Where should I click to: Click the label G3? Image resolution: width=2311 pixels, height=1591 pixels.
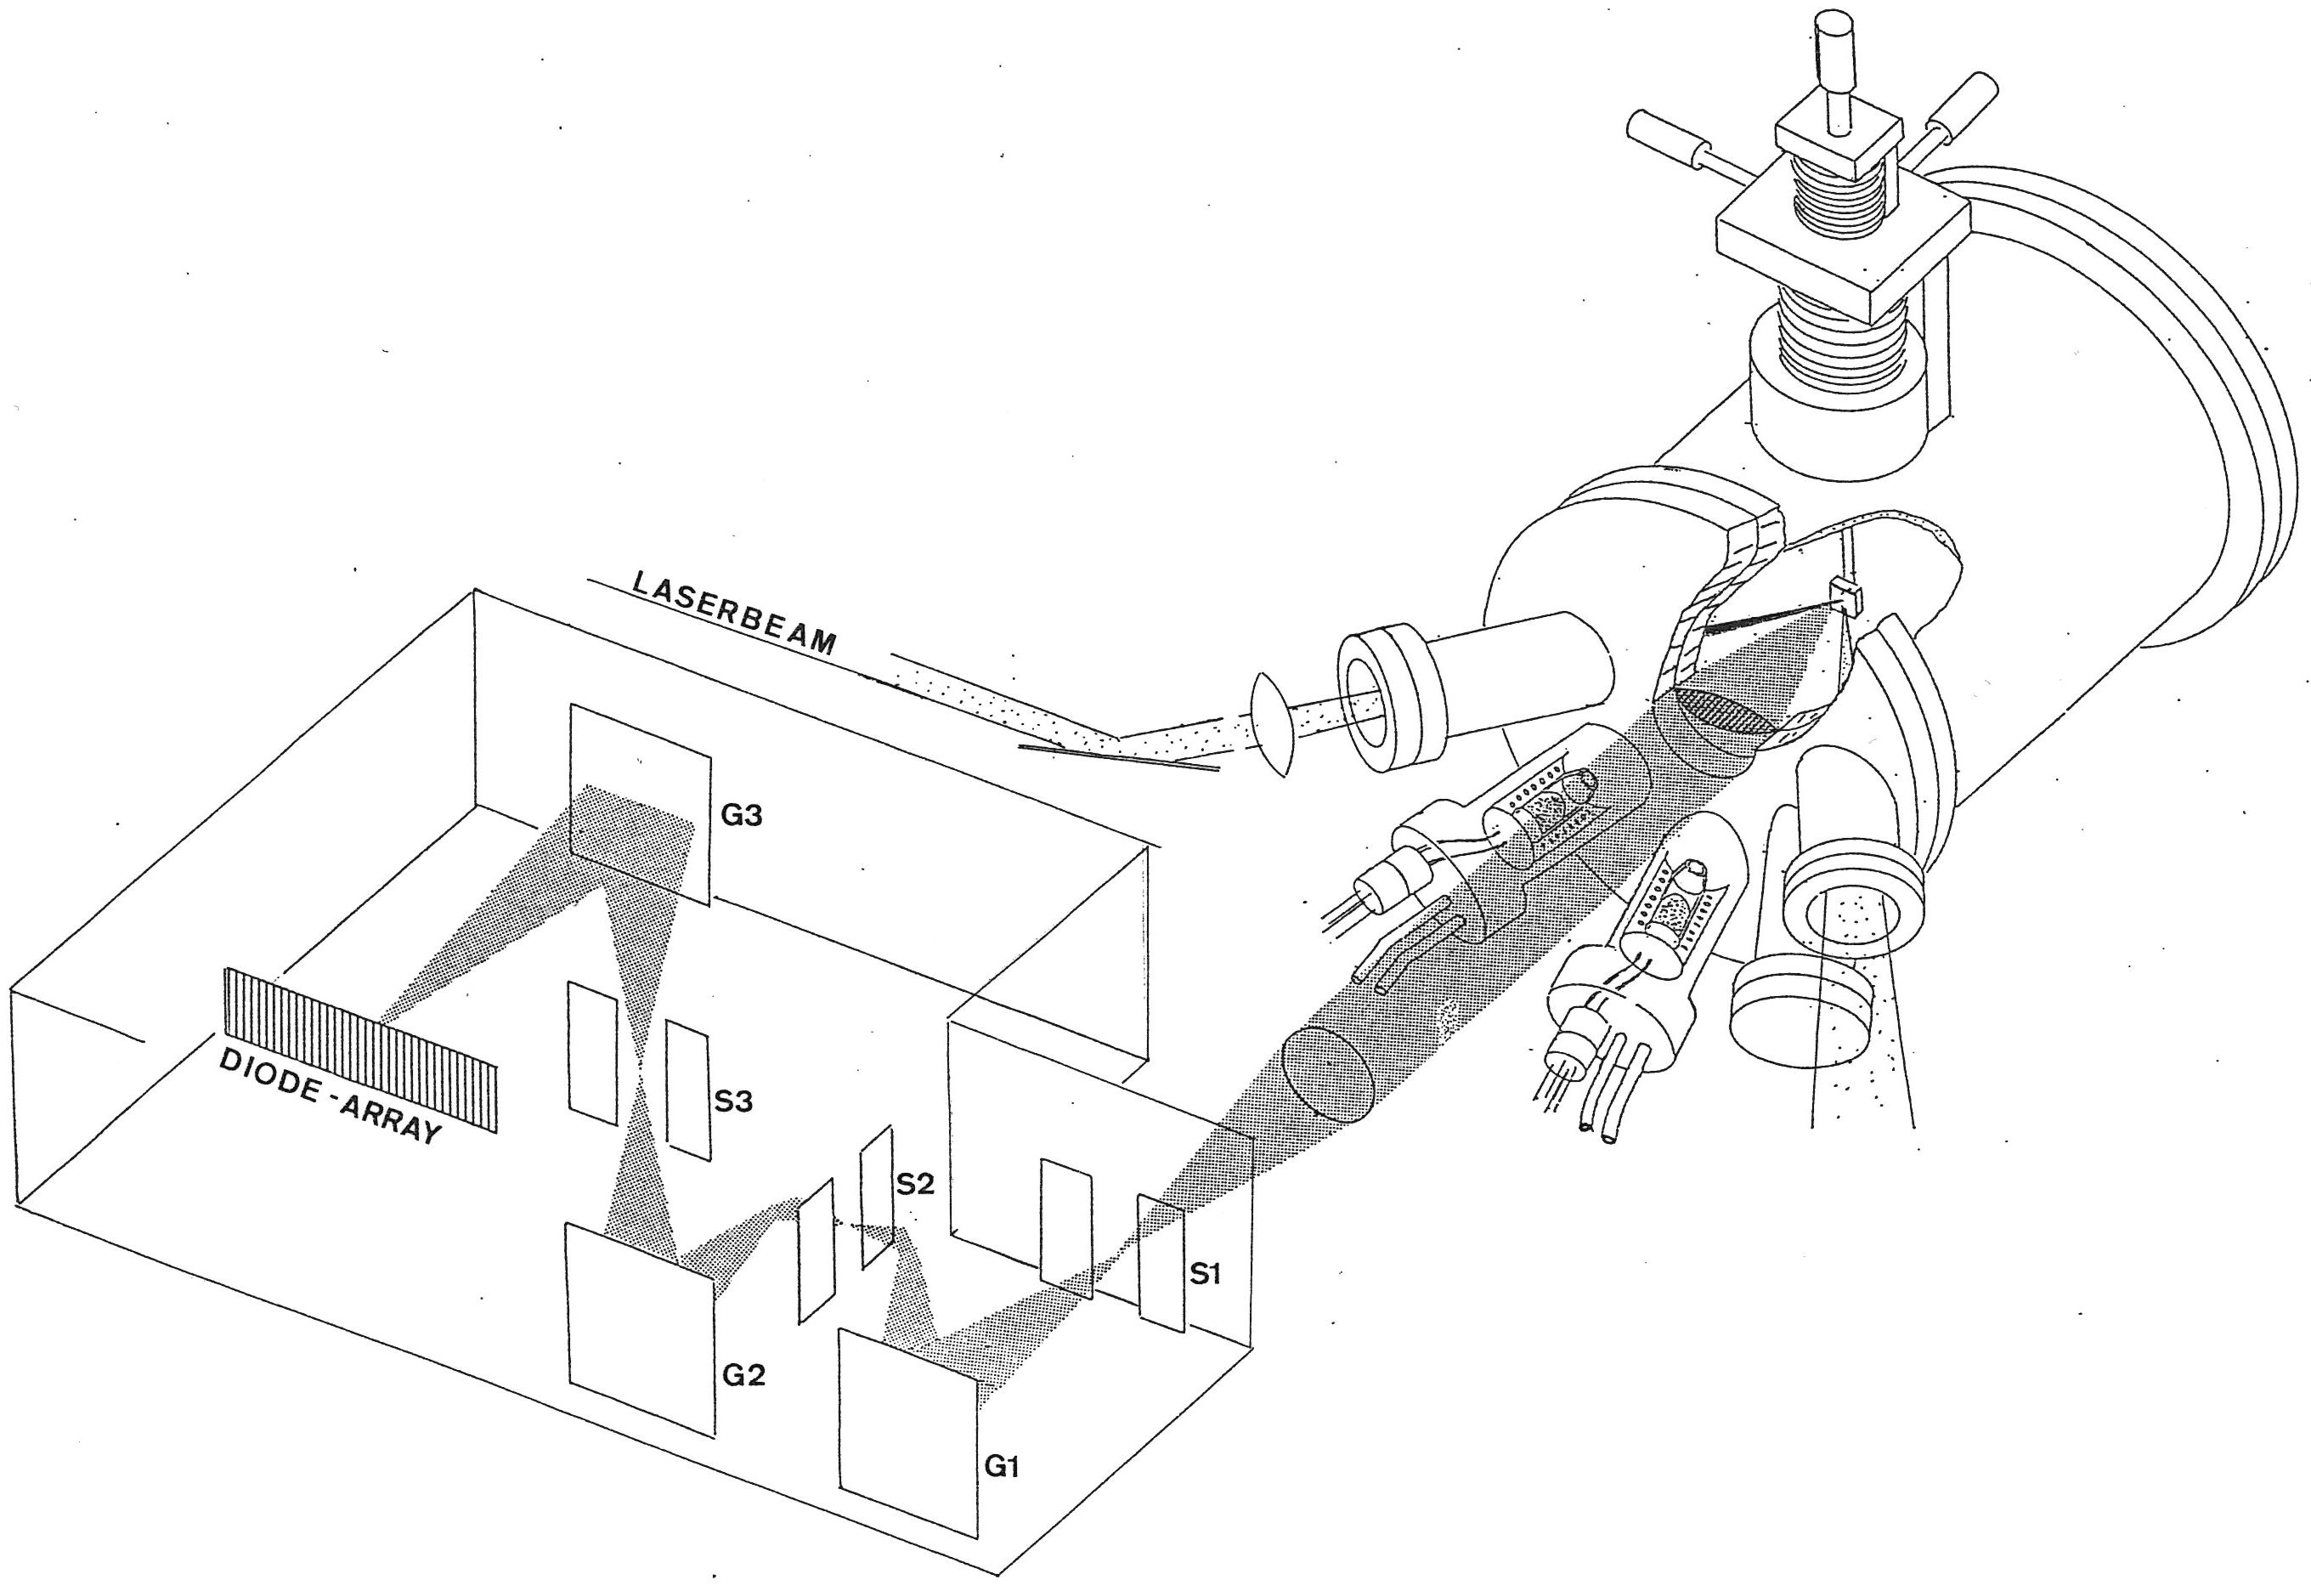[742, 814]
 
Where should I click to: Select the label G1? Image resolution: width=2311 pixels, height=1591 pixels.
[1003, 1466]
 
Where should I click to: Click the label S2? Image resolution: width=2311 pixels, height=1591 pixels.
[915, 1183]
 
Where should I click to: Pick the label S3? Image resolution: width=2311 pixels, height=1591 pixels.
[734, 1101]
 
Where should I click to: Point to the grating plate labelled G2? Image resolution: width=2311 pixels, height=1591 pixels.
[641, 1330]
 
